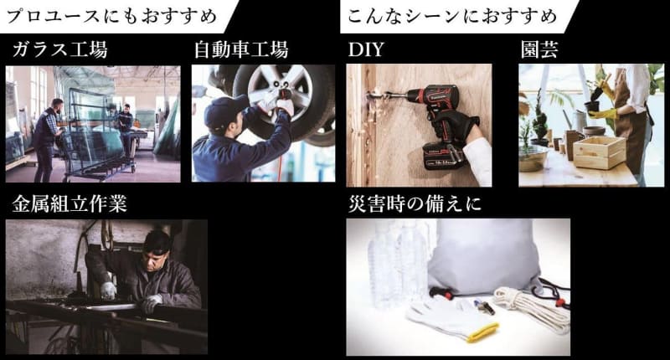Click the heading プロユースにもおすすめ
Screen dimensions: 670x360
pyautogui.click(x=112, y=16)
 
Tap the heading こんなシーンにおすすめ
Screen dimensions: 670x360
pyautogui.click(x=452, y=16)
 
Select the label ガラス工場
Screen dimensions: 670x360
pyautogui.click(x=59, y=50)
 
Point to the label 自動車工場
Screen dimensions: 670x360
pyautogui.click(x=241, y=49)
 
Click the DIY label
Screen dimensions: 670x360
pyautogui.click(x=366, y=50)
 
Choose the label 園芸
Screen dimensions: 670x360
pyautogui.click(x=539, y=50)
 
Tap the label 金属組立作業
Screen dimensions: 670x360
pyautogui.click(x=70, y=203)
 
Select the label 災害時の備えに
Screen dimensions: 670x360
pyautogui.click(x=415, y=203)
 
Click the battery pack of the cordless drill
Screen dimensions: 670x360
pyautogui.click(x=444, y=155)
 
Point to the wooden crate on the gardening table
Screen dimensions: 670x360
pyautogui.click(x=599, y=152)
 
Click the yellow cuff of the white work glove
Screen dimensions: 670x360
pyautogui.click(x=483, y=332)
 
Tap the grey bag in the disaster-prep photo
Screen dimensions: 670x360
pyautogui.click(x=483, y=258)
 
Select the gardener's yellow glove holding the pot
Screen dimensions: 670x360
pyautogui.click(x=602, y=114)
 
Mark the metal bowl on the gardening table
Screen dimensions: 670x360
pyautogui.click(x=533, y=157)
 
